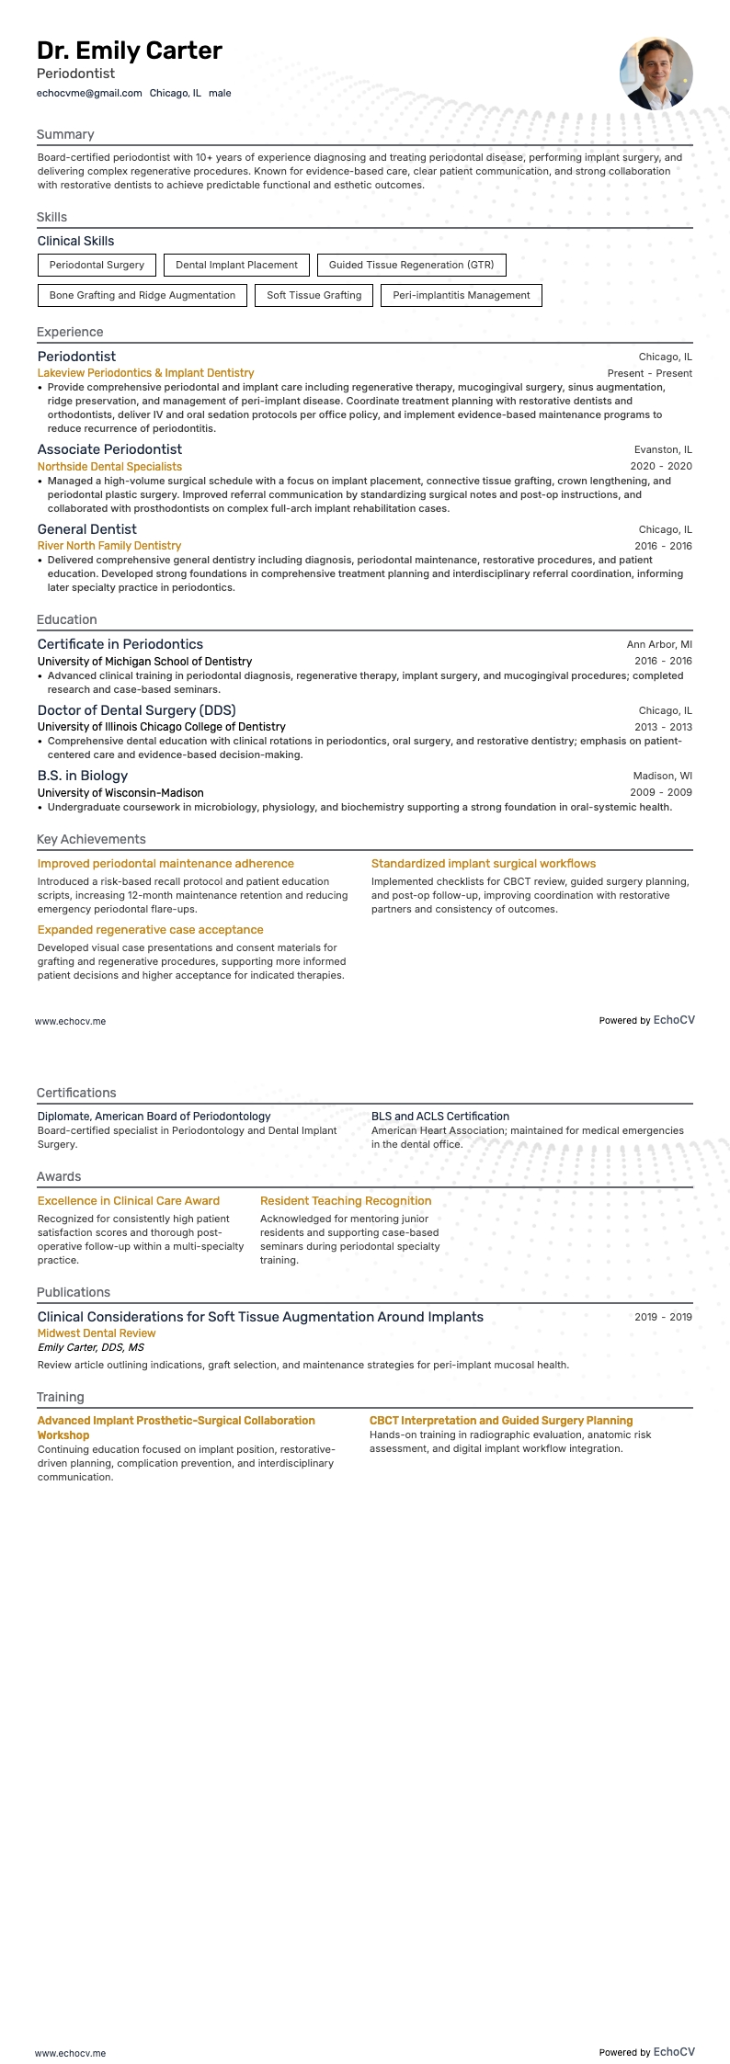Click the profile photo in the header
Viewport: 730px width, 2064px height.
pos(656,74)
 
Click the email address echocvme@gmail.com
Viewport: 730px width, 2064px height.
pos(89,93)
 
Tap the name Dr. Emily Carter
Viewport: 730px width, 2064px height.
pos(130,51)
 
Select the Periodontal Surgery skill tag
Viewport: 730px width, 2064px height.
pos(97,266)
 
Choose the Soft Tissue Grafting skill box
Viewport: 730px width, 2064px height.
pos(314,296)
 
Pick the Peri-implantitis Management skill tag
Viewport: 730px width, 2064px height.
pos(461,296)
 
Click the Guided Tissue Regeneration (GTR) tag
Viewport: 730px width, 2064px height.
pos(411,266)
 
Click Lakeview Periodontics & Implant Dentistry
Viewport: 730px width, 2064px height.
pos(145,373)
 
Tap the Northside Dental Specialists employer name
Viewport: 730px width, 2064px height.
pos(109,467)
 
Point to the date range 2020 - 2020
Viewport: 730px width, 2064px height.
pos(661,467)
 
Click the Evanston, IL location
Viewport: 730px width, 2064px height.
pos(663,450)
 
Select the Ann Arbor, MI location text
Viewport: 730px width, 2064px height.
pos(659,645)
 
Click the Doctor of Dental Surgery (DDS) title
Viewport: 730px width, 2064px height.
pos(136,710)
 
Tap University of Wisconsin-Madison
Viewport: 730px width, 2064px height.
pos(120,793)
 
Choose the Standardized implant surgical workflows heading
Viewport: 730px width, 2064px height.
pos(484,864)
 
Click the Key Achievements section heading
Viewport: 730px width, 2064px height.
pos(91,840)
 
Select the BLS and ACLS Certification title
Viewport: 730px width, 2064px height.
pos(439,1117)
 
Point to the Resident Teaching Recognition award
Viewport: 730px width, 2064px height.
pos(346,1201)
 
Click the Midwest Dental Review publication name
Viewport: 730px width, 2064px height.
pos(97,1333)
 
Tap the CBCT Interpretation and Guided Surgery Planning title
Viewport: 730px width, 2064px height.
pos(501,1421)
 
